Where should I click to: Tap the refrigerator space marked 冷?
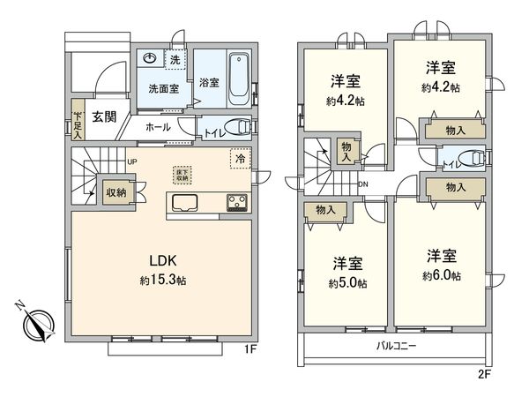[239, 159]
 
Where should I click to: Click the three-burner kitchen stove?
[236, 202]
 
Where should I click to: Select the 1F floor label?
[249, 350]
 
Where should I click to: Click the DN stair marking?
[362, 184]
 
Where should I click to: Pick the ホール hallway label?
[158, 127]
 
